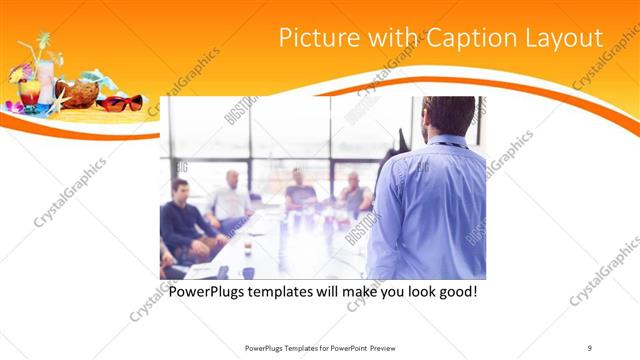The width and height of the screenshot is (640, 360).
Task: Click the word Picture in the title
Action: tap(313, 38)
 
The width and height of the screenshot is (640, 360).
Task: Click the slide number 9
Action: tap(590, 348)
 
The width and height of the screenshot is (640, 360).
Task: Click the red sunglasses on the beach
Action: tap(122, 102)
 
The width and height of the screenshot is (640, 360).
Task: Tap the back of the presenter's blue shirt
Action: tap(430, 210)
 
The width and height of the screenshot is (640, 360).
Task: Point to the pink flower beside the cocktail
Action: tap(12, 106)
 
